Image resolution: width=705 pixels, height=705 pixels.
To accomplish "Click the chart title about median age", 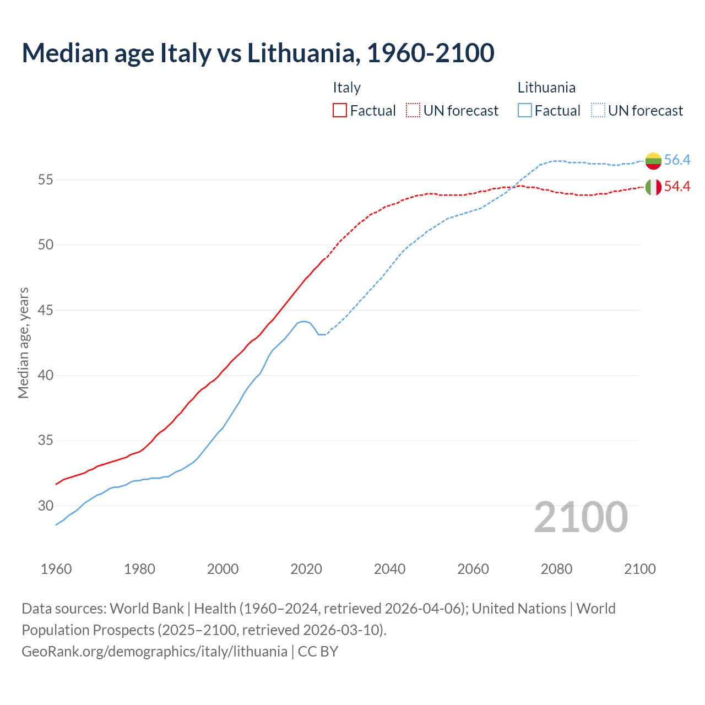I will click(258, 53).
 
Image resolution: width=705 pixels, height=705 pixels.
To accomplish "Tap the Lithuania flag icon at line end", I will click(653, 160).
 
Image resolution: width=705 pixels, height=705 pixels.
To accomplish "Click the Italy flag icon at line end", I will click(653, 187).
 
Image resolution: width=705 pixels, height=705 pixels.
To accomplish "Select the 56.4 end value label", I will click(677, 160).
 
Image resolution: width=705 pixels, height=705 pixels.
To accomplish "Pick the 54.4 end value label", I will click(677, 187).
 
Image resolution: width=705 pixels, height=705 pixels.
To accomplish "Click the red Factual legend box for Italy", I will click(340, 111).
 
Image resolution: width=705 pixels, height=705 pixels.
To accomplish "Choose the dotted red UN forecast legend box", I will click(413, 111).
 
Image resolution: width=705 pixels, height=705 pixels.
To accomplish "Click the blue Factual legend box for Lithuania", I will click(525, 111).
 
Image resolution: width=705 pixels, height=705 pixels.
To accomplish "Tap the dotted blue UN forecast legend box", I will click(598, 111).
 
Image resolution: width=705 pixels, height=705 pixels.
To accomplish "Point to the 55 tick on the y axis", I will click(46, 180).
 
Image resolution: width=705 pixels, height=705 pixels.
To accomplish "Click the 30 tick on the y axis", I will click(46, 506).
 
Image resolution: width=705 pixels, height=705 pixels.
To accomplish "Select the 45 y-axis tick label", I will click(46, 310).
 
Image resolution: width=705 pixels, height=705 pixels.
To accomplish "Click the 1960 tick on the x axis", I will click(56, 569).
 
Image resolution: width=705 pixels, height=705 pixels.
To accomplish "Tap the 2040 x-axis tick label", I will click(389, 569).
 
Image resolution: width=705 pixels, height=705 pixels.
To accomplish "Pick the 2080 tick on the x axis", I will click(556, 569).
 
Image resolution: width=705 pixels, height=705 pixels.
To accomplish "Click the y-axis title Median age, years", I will click(23, 343).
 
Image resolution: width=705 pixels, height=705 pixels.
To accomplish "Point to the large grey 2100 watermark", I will click(581, 517).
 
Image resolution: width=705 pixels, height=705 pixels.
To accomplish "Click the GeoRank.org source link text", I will click(154, 652).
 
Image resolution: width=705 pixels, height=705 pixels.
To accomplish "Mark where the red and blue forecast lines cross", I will click(512, 187).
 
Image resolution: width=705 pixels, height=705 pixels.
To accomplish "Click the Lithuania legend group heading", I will click(546, 88).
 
